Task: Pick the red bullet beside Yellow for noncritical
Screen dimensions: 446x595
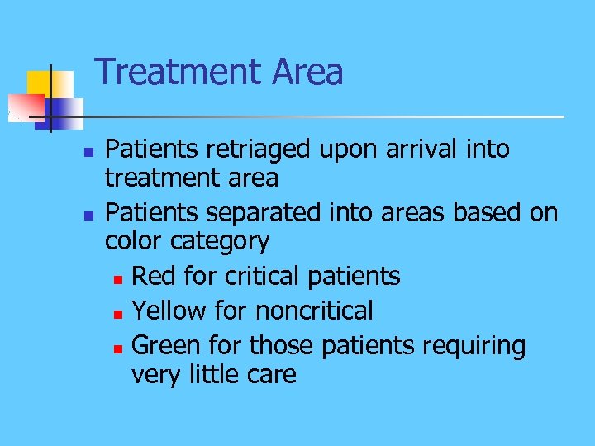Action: [x=119, y=314]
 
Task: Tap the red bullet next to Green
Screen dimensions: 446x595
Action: [x=119, y=348]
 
